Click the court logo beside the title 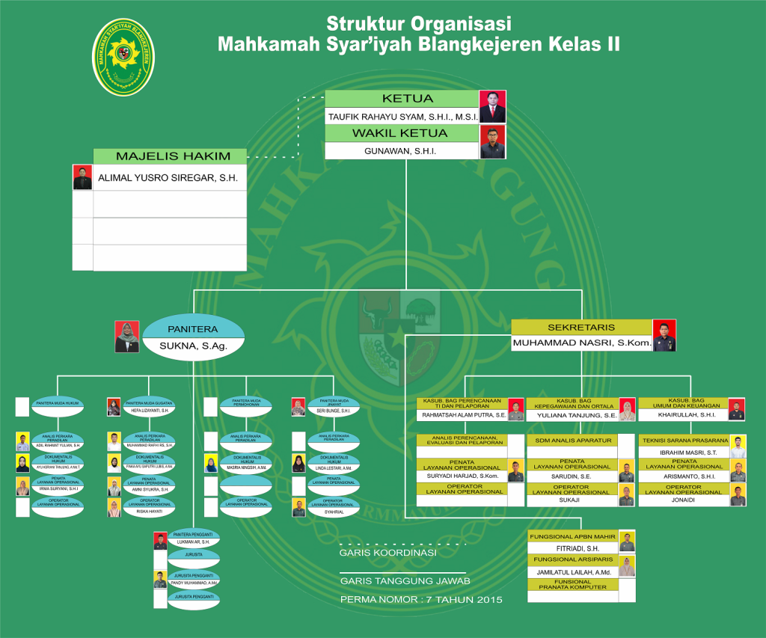[x=123, y=58]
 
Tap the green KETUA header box [x=402, y=99]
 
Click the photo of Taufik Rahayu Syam [x=492, y=107]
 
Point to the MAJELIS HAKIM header [x=170, y=156]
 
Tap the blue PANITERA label [x=192, y=328]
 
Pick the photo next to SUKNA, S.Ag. [x=126, y=337]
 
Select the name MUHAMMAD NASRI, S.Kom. [x=581, y=344]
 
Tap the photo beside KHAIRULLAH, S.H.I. [x=737, y=410]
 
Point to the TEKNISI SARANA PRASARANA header [x=684, y=441]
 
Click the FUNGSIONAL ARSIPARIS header [x=572, y=559]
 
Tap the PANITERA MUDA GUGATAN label [x=149, y=402]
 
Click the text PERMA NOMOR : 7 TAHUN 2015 [x=421, y=600]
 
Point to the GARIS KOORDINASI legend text [x=387, y=553]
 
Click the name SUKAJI [x=571, y=500]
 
